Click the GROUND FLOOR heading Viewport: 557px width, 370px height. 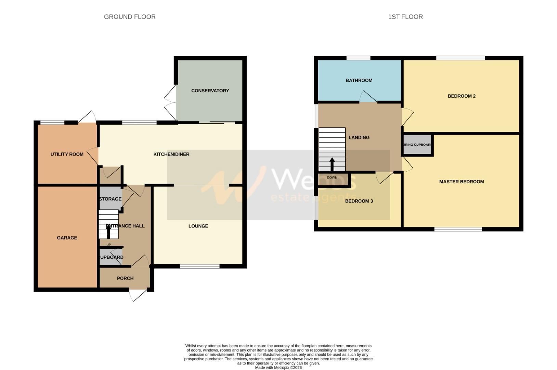pos(130,17)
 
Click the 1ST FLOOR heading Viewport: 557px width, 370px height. pos(405,17)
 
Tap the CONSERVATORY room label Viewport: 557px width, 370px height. pos(210,91)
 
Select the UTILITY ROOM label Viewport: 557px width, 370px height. pos(67,154)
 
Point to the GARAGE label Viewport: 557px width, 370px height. pos(67,238)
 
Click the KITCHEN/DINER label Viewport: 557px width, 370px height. pos(171,154)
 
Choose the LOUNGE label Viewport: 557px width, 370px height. pos(198,226)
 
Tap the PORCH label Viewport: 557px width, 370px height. pos(125,278)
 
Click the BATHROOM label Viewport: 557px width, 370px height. pos(359,81)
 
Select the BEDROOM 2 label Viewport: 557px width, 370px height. pos(461,96)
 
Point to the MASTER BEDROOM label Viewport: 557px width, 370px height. pos(461,182)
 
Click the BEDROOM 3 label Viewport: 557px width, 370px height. pos(359,201)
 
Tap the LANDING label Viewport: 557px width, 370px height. pos(359,137)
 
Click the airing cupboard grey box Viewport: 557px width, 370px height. pos(417,145)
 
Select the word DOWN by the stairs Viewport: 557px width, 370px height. pos(332,177)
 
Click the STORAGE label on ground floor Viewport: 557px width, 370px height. pos(110,199)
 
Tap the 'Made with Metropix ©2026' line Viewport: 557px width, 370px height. pos(278,368)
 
